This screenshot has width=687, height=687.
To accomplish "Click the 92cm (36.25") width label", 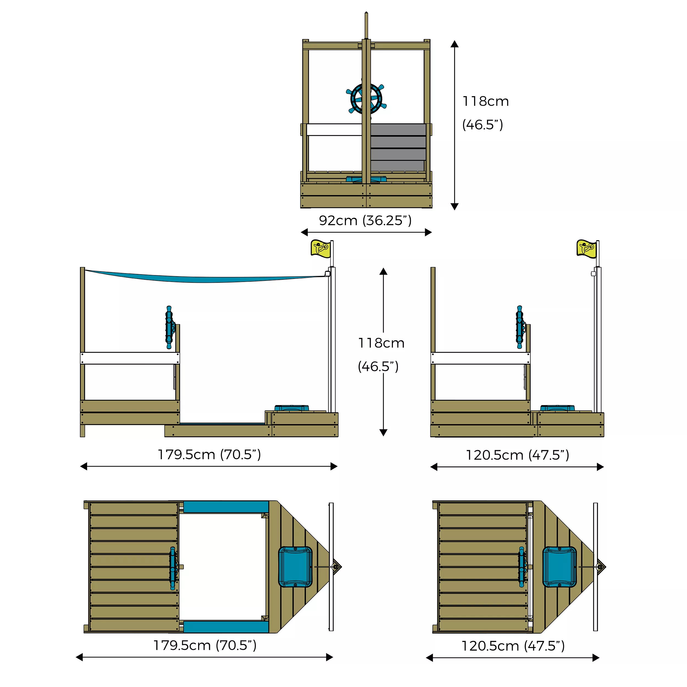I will click(x=365, y=220).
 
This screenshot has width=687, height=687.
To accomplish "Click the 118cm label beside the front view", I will click(x=485, y=101).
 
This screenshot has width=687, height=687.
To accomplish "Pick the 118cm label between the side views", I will click(x=381, y=343).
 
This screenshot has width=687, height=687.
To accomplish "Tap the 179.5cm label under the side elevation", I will click(x=209, y=455).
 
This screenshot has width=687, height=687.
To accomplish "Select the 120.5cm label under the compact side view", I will click(x=517, y=455).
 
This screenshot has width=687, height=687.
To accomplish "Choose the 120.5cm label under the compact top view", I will click(x=513, y=646).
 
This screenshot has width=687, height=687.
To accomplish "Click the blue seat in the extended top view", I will click(x=295, y=567).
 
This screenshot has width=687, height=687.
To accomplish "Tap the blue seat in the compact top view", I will click(x=559, y=567).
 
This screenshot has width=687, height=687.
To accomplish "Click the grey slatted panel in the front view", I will click(x=398, y=148).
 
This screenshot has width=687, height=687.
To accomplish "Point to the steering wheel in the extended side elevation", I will click(x=170, y=327).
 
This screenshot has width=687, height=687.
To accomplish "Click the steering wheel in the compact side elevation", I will click(x=520, y=327).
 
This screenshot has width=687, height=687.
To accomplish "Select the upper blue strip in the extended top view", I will click(x=226, y=507).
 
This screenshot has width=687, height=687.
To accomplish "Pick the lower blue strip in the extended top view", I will click(x=226, y=627).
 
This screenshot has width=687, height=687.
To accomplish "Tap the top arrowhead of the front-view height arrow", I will click(x=455, y=44).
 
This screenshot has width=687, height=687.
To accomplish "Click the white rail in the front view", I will click(x=334, y=130).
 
